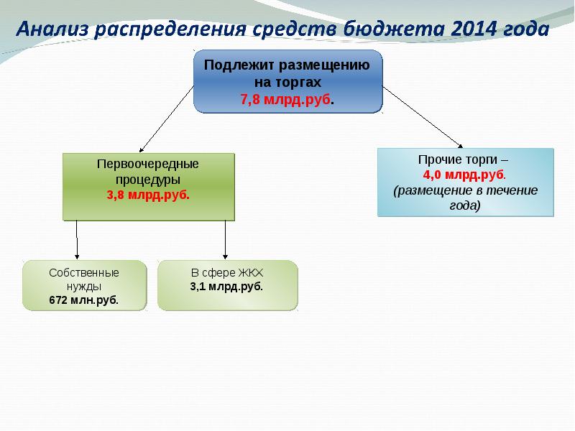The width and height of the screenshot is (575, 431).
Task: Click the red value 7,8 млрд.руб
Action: pyautogui.click(x=287, y=98)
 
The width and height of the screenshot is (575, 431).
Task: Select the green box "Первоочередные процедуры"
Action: pyautogui.click(x=148, y=185)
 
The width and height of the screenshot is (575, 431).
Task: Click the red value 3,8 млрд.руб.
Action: pyautogui.click(x=148, y=195)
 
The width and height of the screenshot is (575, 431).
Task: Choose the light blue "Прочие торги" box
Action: pyautogui.click(x=465, y=182)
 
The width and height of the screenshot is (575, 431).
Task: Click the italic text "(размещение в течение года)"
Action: pyautogui.click(x=465, y=198)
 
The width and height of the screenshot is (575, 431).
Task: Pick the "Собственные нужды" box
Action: pyautogui.click(x=84, y=284)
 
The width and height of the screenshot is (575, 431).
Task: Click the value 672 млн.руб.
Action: pyautogui.click(x=84, y=300)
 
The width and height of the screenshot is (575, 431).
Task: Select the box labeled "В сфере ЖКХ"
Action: pyautogui.click(x=227, y=284)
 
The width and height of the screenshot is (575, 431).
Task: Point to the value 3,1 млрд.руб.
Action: pyautogui.click(x=227, y=286)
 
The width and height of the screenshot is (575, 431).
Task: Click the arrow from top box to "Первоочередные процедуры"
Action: pyautogui.click(x=166, y=118)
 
